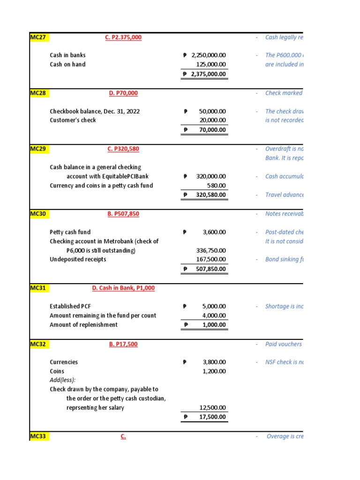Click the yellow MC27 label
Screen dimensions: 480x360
coord(38,37)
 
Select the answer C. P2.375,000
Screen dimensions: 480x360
coord(123,37)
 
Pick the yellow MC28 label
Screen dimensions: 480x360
coord(38,93)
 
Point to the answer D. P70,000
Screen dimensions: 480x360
coord(123,93)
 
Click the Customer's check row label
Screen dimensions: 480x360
coord(73,120)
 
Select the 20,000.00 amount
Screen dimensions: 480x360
coord(212,120)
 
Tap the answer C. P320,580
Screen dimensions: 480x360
coord(123,149)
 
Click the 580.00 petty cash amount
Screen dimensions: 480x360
coord(217,185)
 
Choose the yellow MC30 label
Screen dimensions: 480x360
coord(38,214)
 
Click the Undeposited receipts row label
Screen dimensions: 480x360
coord(78,259)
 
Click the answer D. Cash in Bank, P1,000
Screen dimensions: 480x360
coord(123,288)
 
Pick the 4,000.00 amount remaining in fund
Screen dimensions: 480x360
coord(214,315)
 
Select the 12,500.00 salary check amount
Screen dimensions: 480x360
coord(212,407)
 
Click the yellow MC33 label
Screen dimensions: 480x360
coord(38,436)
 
